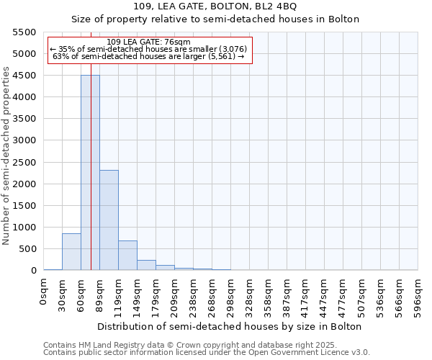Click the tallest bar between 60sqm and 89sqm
(x=90, y=173)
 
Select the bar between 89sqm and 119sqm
(x=109, y=220)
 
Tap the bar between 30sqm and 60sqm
(x=71, y=252)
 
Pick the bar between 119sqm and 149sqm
(x=127, y=256)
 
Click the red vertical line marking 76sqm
(x=91, y=144)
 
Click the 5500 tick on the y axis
(x=24, y=32)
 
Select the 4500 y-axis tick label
(x=24, y=76)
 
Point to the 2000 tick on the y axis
(x=24, y=184)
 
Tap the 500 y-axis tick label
(x=27, y=249)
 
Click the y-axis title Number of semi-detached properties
(x=6, y=155)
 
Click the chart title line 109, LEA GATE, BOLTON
(x=215, y=6)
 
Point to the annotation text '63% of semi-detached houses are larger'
(x=149, y=56)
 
